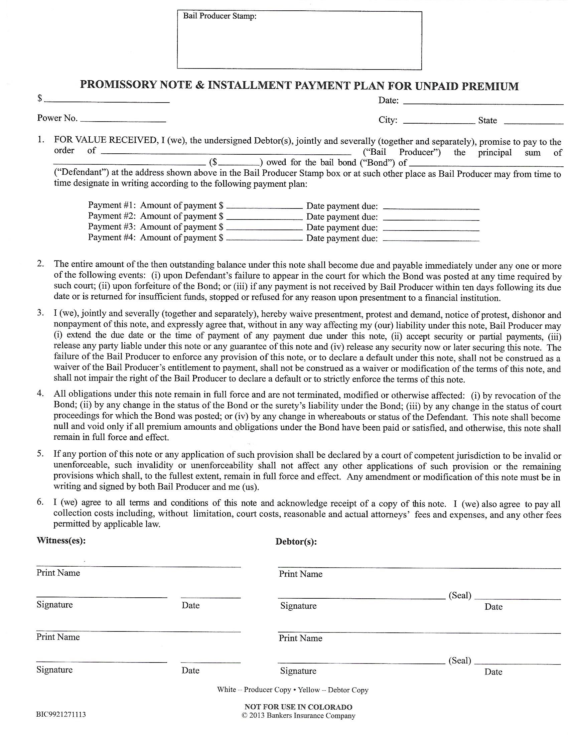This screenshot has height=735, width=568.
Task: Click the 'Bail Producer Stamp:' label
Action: (220, 16)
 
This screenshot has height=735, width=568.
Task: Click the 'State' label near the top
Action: (487, 121)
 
